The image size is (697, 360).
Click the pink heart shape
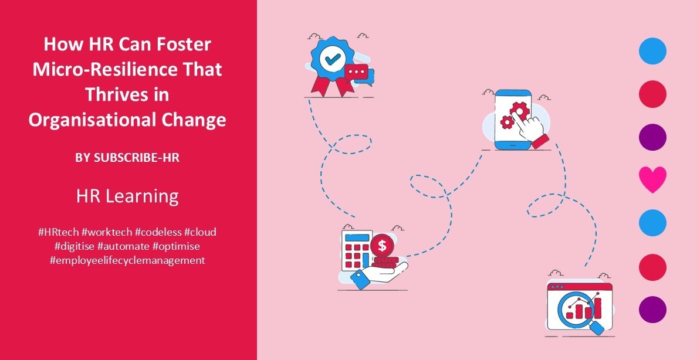click(652, 179)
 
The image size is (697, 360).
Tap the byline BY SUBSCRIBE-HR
click(127, 158)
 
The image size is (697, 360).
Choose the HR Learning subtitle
click(127, 196)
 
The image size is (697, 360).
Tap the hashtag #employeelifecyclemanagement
click(127, 260)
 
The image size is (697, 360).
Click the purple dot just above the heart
click(652, 137)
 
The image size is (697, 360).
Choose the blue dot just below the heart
click(652, 223)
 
